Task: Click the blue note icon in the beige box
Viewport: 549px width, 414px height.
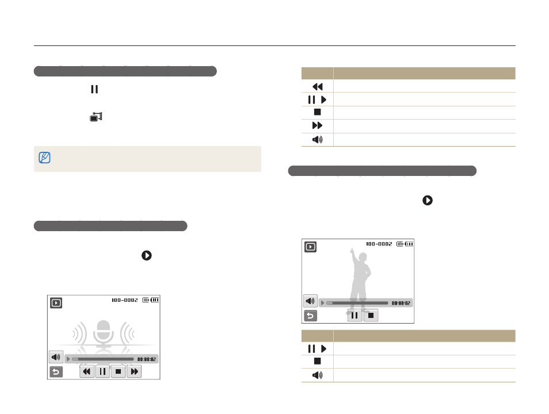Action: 44,158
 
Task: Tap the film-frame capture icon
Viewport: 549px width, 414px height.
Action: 96,117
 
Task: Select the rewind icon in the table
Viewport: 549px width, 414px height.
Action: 317,87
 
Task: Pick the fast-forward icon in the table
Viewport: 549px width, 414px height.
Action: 317,125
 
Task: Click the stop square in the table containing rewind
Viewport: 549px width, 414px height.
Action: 317,112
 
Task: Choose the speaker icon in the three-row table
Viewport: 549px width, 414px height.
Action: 317,375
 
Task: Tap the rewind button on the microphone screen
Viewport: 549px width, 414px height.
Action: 87,371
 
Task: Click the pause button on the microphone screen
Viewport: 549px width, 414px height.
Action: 102,371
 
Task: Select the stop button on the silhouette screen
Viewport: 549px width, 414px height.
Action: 371,315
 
